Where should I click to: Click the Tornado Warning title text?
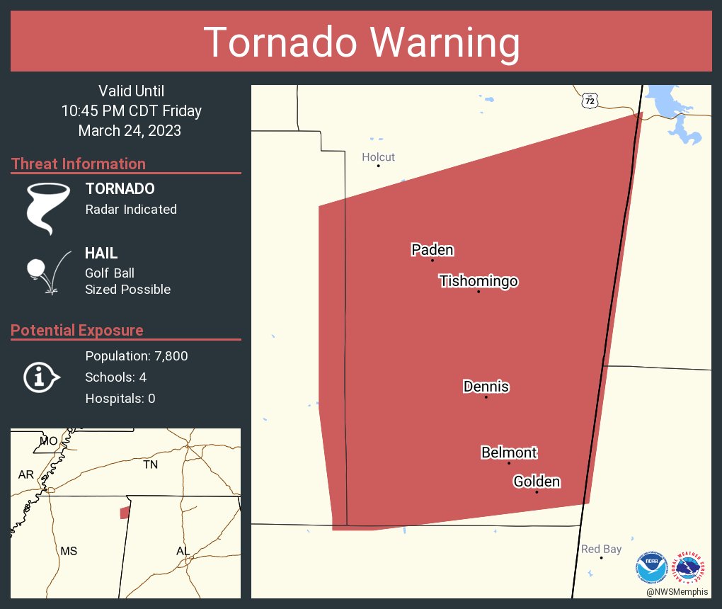tap(361, 42)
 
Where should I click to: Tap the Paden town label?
tap(432, 250)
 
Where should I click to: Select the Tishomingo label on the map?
tap(479, 281)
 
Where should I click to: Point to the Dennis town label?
tap(486, 387)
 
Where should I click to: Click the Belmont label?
tap(509, 453)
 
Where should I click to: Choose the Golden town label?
tap(537, 482)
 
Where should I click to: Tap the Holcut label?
tap(378, 157)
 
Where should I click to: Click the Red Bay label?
tap(601, 549)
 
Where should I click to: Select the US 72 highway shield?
tap(590, 101)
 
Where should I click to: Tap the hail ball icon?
tap(35, 268)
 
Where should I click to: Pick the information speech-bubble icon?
tap(40, 377)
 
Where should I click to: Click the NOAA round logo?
tap(651, 568)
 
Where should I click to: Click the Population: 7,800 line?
tap(137, 356)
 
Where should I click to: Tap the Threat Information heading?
tap(79, 164)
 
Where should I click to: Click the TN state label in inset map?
tap(150, 465)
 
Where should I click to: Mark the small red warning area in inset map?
tap(125, 512)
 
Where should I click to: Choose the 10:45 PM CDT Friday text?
tap(131, 110)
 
